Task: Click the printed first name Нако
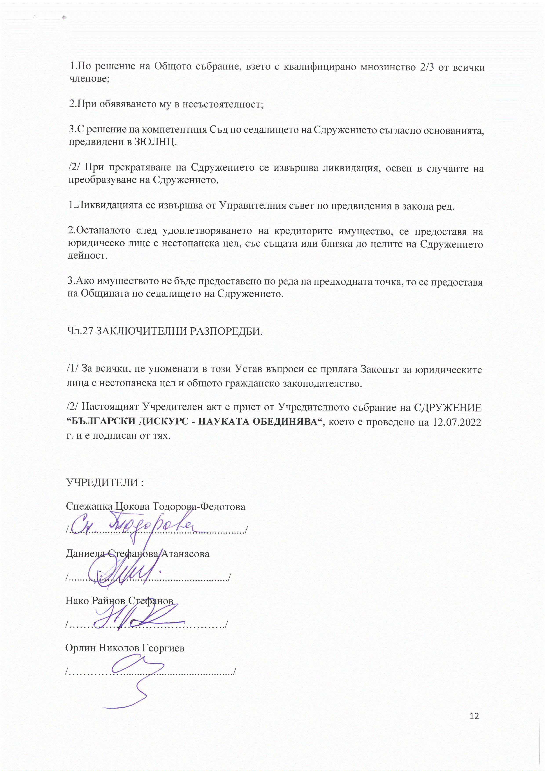coord(77,600)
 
